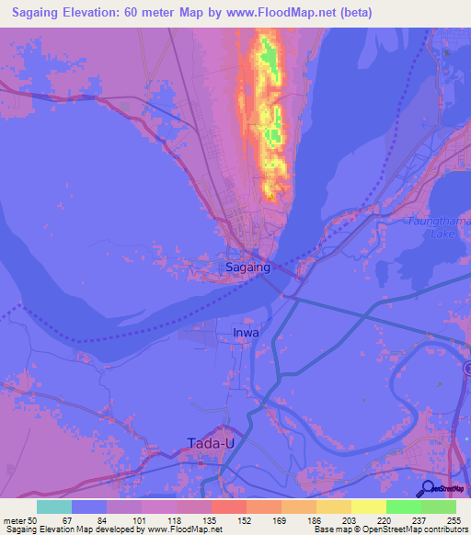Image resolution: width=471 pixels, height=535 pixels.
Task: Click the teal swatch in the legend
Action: (x=54, y=507)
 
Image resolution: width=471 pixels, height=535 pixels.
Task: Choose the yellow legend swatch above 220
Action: (x=368, y=507)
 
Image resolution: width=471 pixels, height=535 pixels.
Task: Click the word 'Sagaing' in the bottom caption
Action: (x=19, y=529)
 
